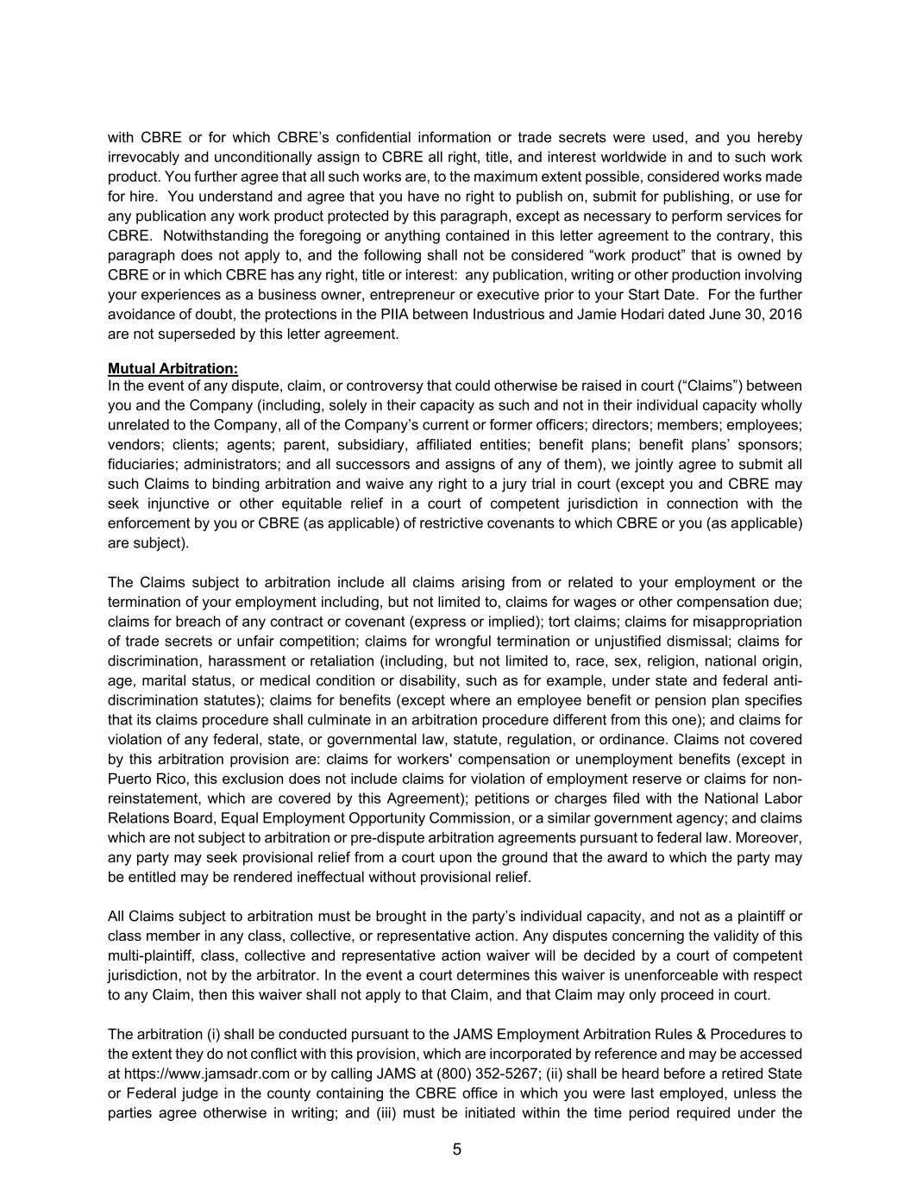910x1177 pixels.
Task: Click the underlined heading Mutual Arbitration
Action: pyautogui.click(x=173, y=368)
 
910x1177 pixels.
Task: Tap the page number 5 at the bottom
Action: pyautogui.click(x=456, y=1149)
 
